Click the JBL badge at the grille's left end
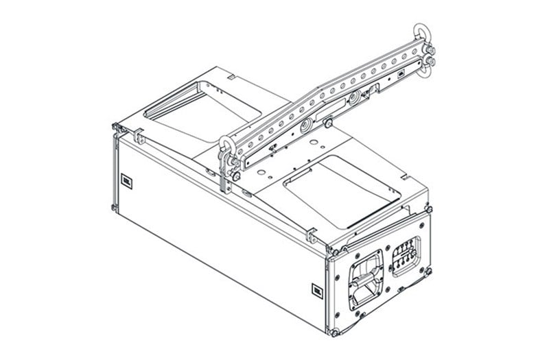click(126, 181)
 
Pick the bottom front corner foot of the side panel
click(335, 333)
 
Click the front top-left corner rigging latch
click(115, 128)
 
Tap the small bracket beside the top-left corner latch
click(140, 138)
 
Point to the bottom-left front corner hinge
click(113, 206)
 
